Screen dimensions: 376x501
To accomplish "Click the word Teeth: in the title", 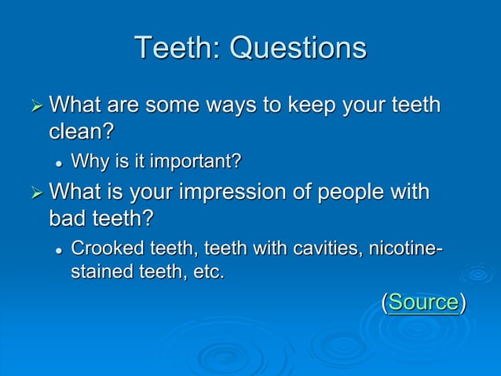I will click(x=177, y=48).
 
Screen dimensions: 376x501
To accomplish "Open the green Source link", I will click(x=423, y=302).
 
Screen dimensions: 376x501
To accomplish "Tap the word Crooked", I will click(x=104, y=249).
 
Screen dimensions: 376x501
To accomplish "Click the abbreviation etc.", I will click(x=207, y=273).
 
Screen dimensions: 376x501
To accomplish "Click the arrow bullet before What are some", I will click(x=33, y=105).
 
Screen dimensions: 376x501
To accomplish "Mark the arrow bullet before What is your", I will click(x=33, y=194).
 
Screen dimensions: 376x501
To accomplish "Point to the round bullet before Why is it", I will click(x=58, y=163).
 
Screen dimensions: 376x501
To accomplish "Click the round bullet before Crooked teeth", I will click(x=58, y=250).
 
